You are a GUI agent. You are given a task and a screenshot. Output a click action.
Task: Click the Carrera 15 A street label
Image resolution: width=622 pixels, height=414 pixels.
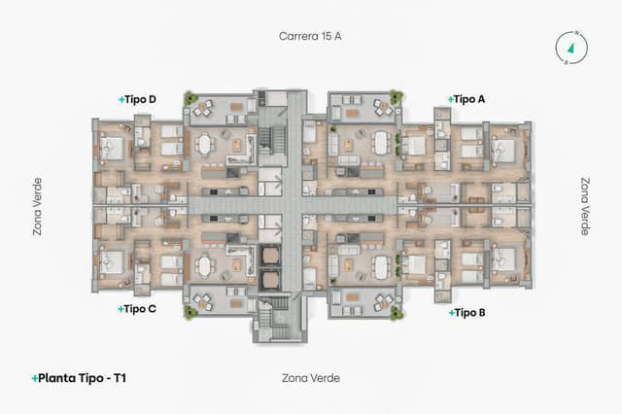click(310, 36)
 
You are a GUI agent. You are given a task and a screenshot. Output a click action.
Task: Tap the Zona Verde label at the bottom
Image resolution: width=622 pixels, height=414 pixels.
click(310, 377)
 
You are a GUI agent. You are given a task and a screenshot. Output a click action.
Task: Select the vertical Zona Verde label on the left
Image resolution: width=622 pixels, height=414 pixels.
click(37, 206)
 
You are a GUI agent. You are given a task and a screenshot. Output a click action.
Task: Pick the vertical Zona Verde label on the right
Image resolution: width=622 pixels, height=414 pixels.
click(585, 206)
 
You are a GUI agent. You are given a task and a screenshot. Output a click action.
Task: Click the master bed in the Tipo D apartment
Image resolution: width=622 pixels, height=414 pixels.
click(113, 149)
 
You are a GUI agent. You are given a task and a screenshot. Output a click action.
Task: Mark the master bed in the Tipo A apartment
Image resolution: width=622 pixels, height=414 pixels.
click(504, 149)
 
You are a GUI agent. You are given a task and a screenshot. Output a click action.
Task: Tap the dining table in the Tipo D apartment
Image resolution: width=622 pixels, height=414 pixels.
click(204, 145)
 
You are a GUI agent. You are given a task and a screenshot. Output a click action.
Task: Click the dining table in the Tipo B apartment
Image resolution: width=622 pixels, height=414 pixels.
click(380, 265)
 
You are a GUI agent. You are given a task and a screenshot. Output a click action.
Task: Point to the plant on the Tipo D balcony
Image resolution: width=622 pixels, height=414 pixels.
click(190, 98)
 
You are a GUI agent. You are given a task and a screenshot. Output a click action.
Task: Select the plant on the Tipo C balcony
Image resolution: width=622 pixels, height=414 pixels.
click(190, 312)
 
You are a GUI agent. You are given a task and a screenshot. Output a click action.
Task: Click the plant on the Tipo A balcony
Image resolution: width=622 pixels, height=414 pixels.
click(396, 97)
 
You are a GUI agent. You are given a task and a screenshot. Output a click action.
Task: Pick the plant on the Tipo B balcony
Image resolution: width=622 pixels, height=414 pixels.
click(396, 312)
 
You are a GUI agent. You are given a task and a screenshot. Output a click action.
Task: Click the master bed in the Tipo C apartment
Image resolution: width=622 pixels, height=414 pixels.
click(113, 260)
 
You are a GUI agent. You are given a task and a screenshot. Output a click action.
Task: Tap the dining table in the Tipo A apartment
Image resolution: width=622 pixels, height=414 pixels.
click(380, 144)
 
